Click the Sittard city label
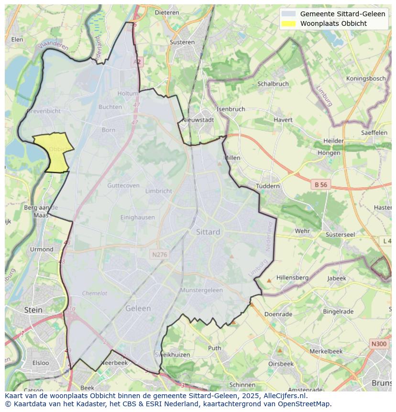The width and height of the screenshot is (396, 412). pos(208,232)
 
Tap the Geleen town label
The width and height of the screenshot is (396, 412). pos(138,309)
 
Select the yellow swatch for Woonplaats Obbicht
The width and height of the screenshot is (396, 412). pos(288,23)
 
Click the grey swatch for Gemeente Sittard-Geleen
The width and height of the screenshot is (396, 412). pos(288,14)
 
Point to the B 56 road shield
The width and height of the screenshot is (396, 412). pos(320,184)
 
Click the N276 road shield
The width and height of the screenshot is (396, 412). pos(159,255)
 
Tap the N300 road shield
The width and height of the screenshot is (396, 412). pos(379,344)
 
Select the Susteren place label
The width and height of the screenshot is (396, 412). pos(182,42)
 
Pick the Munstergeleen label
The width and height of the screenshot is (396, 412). pos(201,290)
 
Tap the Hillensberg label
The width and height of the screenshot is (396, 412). pos(292,278)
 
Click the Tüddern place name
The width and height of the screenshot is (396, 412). pos(268,186)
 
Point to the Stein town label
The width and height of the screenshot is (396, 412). pos(33,310)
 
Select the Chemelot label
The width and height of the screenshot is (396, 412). pos(95,293)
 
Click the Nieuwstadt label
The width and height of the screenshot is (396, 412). pos(198,120)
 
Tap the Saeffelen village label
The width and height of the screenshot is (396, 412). pos(374,133)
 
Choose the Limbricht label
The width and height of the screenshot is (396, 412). pos(158,191)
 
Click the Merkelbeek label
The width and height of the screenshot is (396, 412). pos(326,351)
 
